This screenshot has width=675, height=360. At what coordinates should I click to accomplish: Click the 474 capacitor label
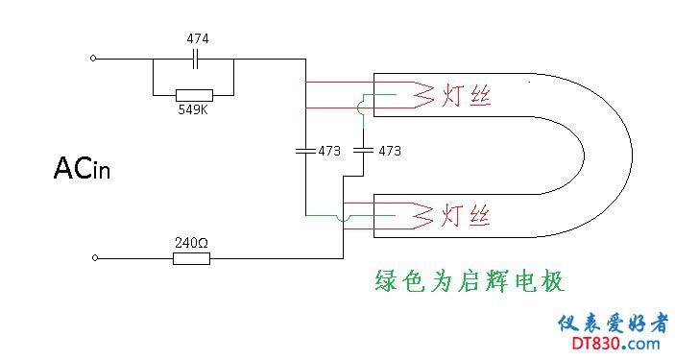[198, 38]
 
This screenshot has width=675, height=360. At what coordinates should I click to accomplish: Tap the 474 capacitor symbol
[195, 59]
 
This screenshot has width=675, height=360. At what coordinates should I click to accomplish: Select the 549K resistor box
[194, 96]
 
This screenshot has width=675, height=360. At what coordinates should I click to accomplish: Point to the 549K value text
[193, 109]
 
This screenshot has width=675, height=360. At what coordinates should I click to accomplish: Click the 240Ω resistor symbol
[192, 258]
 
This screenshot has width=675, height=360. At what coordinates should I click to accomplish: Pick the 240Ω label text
[192, 243]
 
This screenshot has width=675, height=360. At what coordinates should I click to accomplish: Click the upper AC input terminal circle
[93, 59]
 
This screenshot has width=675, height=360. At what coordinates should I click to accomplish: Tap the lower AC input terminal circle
[95, 258]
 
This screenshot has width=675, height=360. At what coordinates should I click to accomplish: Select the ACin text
[82, 168]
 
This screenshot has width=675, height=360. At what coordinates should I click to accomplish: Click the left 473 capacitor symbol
[305, 151]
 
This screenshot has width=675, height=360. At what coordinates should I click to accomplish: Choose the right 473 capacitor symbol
[363, 151]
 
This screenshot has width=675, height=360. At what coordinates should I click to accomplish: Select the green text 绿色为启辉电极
[470, 280]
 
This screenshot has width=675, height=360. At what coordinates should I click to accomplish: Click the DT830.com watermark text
[615, 344]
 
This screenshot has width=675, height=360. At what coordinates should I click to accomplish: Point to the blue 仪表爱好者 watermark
[614, 324]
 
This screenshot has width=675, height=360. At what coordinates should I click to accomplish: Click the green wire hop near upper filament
[360, 108]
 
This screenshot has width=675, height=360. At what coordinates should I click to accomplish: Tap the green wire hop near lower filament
[343, 218]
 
